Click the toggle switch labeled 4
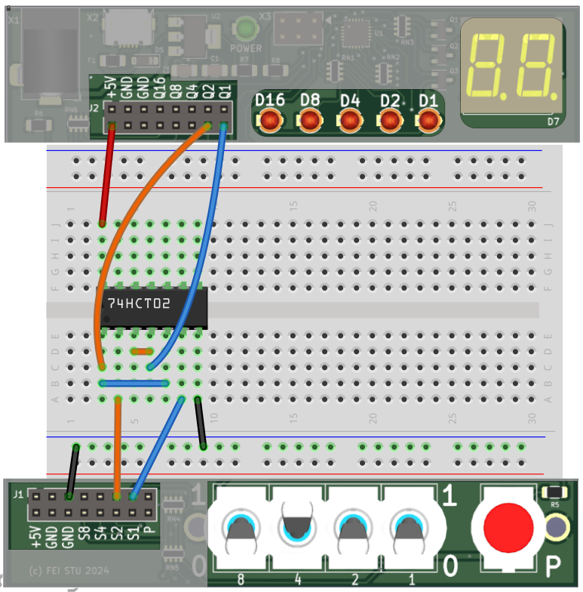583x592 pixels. [x=298, y=527]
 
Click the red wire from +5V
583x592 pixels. [x=107, y=174]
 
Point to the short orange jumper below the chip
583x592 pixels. [x=142, y=351]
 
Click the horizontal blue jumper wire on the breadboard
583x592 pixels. [x=133, y=384]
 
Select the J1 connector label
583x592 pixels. [x=18, y=494]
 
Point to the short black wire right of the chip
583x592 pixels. [x=201, y=423]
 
